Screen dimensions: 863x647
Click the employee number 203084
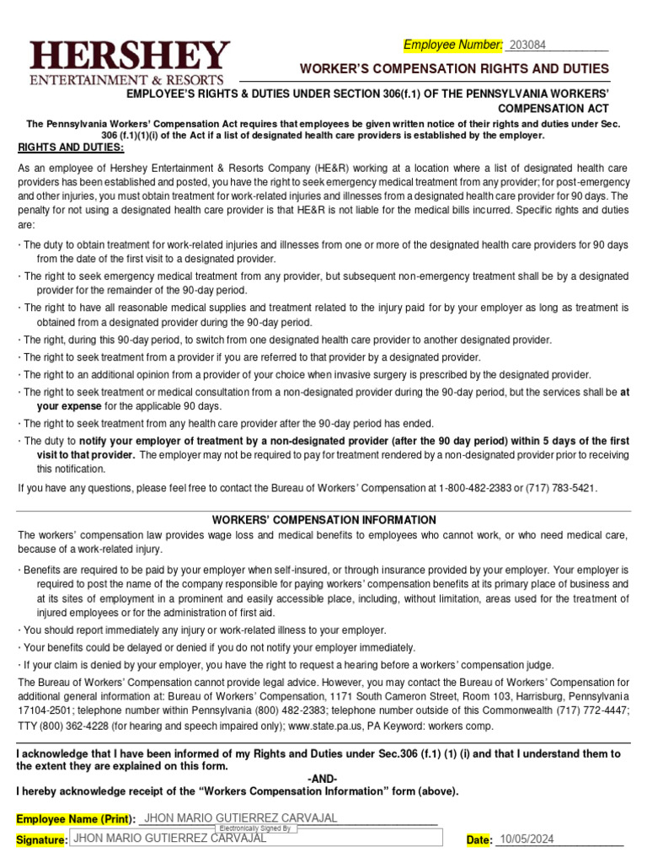pos(527,45)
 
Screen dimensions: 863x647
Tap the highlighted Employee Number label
pos(453,45)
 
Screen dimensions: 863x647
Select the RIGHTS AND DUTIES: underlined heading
pos(71,147)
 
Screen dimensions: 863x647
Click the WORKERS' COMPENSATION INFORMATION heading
pos(323,520)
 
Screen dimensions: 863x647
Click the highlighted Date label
pos(479,839)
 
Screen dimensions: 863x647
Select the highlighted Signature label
pos(41,840)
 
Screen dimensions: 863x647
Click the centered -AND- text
pos(323,779)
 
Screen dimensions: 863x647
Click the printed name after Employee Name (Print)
pos(241,818)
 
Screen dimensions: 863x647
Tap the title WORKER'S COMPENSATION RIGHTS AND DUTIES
pos(455,68)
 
